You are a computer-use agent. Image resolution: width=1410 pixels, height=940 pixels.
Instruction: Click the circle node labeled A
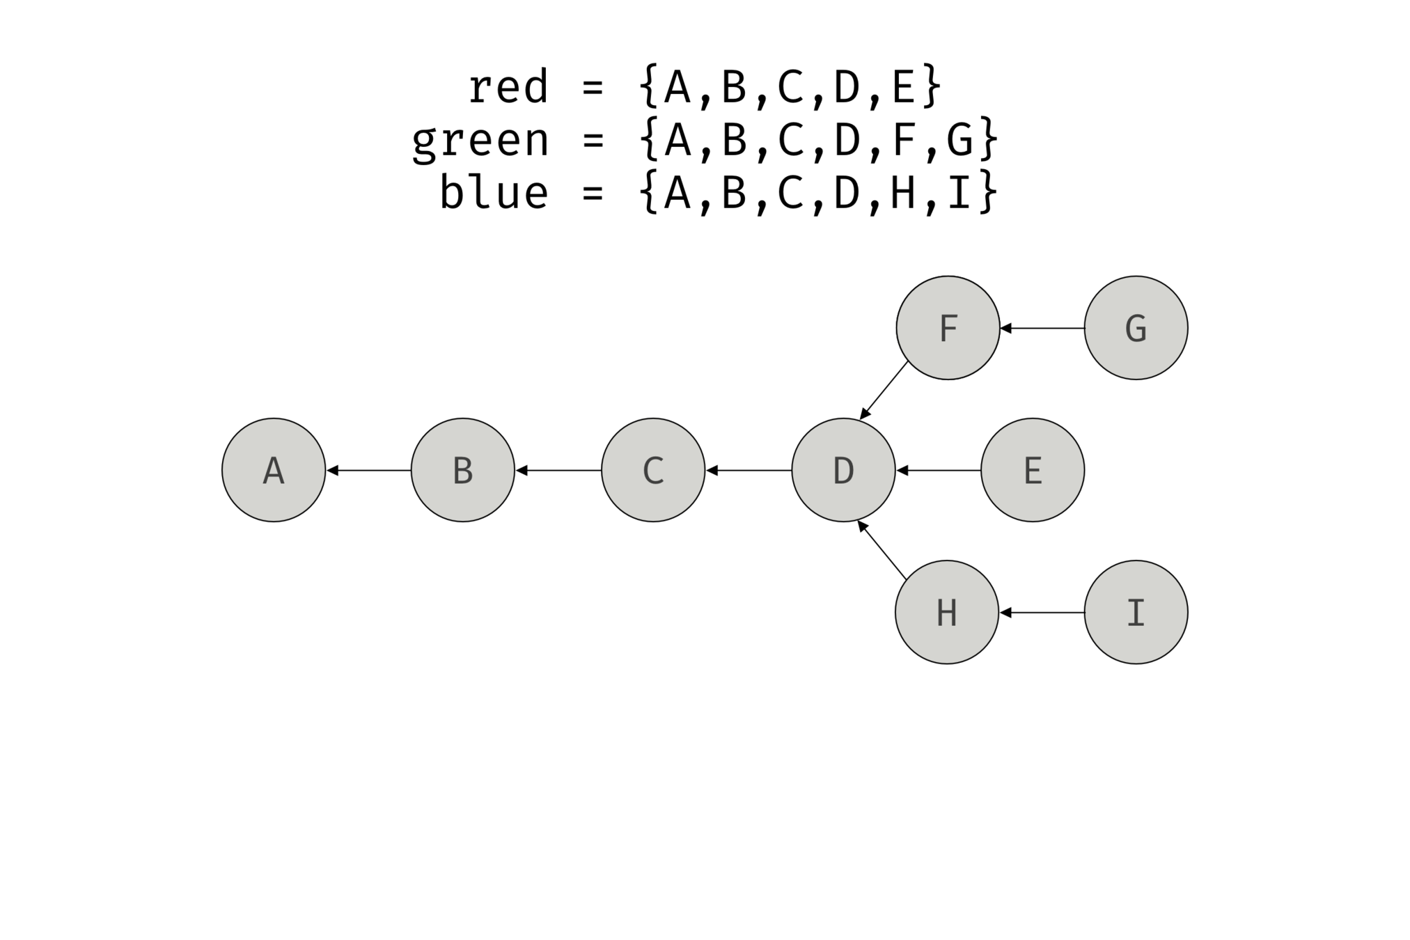[x=274, y=470]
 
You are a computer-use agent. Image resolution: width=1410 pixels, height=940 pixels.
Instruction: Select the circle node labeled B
[x=463, y=470]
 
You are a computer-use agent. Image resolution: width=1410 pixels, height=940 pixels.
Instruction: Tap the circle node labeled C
[x=653, y=470]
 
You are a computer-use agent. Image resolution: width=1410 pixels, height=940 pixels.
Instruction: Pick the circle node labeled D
[x=843, y=470]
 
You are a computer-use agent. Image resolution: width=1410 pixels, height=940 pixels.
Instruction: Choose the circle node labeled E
[x=1033, y=470]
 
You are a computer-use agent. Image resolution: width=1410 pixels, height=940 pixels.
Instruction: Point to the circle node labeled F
[x=948, y=328]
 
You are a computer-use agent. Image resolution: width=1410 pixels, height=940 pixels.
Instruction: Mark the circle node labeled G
[x=1136, y=328]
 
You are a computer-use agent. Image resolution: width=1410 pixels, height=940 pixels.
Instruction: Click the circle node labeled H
[x=947, y=612]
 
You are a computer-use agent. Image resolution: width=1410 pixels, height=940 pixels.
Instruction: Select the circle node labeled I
[x=1136, y=612]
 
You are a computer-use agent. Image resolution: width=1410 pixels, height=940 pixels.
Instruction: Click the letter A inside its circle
[x=274, y=471]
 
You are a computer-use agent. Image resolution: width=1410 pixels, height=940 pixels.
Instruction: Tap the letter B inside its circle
[x=463, y=471]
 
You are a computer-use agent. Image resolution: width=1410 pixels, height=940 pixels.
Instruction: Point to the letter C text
[x=653, y=471]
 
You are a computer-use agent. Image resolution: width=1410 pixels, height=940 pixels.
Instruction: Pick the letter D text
[x=843, y=471]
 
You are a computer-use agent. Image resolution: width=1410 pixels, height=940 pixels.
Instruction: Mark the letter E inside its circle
[x=1033, y=471]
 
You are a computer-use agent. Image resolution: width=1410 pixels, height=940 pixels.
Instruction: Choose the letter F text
[x=948, y=329]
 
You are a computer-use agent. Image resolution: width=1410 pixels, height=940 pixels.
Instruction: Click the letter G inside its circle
[x=1136, y=329]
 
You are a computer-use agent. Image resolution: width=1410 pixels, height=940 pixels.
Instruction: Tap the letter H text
[x=947, y=613]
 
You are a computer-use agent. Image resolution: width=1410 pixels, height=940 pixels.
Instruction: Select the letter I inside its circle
[x=1136, y=613]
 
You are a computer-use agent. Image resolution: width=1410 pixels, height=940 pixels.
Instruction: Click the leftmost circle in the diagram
[x=274, y=470]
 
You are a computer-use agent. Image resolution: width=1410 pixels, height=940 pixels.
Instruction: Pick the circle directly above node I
[x=1136, y=328]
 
